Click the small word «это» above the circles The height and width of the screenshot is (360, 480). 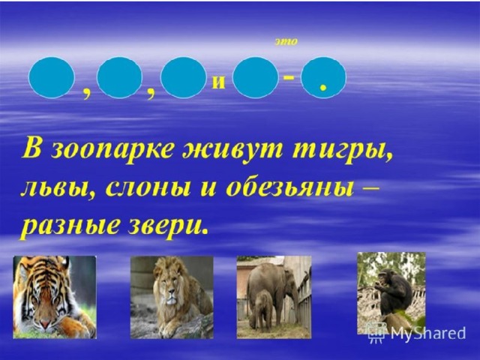[x=286, y=42]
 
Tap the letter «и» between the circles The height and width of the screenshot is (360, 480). [x=218, y=82]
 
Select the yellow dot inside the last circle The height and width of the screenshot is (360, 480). [x=322, y=88]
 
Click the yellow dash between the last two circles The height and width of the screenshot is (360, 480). [x=289, y=78]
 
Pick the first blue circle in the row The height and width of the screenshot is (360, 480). [x=52, y=77]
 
